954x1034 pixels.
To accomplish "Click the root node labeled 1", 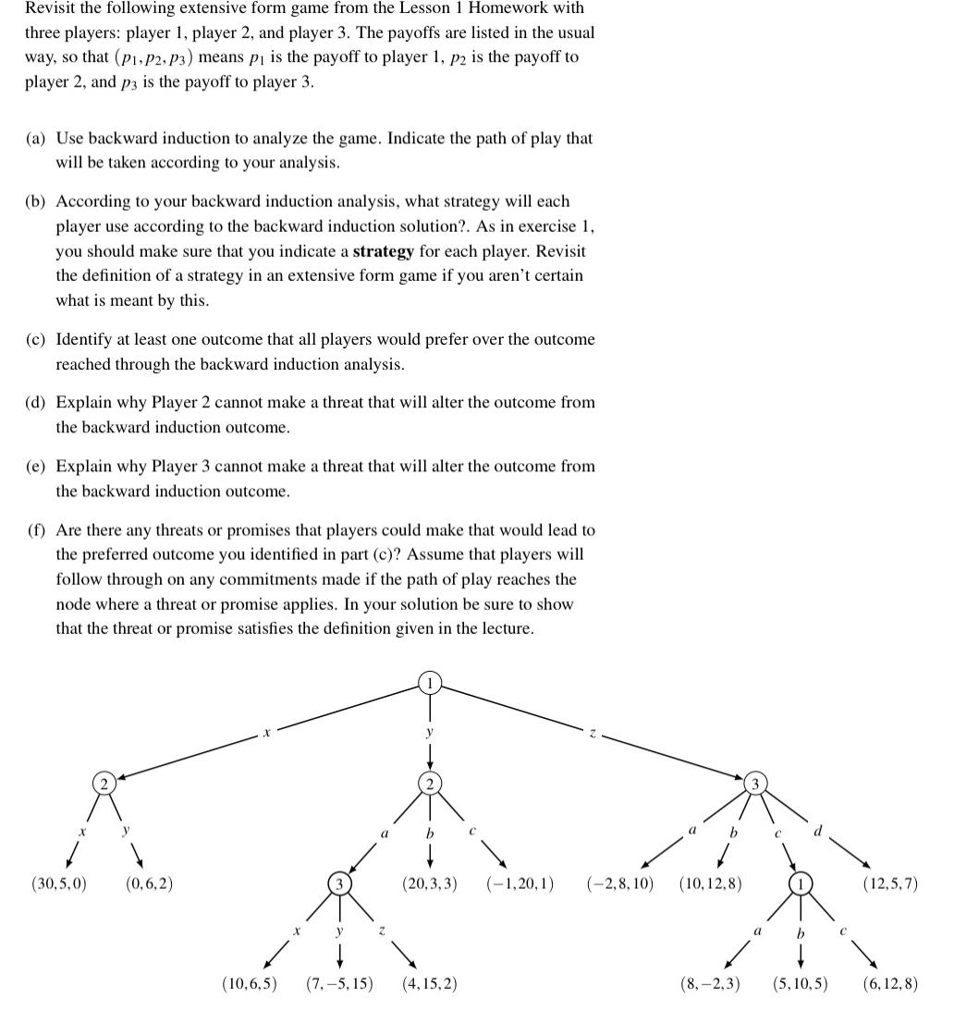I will pyautogui.click(x=429, y=684).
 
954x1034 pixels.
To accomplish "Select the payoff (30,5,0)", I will pyautogui.click(x=59, y=883).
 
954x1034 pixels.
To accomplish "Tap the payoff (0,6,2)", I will pyautogui.click(x=149, y=883).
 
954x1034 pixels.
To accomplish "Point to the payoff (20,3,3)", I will pyautogui.click(x=430, y=883).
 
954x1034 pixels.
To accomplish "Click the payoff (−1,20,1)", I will pyautogui.click(x=520, y=883).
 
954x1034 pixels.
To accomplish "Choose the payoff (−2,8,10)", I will pyautogui.click(x=619, y=883).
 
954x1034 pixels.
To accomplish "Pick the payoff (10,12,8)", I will pyautogui.click(x=710, y=883).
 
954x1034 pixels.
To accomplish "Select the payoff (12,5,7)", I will pyautogui.click(x=889, y=883).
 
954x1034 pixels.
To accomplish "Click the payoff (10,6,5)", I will pyautogui.click(x=250, y=983).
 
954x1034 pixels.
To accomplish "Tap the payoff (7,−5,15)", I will pyautogui.click(x=339, y=983).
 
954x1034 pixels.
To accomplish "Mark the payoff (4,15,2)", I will pyautogui.click(x=429, y=983).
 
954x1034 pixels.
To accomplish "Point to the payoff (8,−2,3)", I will pyautogui.click(x=710, y=983).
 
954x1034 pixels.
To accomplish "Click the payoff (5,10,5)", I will pyautogui.click(x=800, y=983).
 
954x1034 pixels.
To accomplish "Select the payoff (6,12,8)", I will pyautogui.click(x=889, y=983).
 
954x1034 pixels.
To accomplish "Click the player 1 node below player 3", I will pyautogui.click(x=799, y=883).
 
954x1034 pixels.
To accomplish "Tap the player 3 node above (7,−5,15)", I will pyautogui.click(x=339, y=883).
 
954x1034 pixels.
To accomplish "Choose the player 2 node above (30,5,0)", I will pyautogui.click(x=104, y=784).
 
